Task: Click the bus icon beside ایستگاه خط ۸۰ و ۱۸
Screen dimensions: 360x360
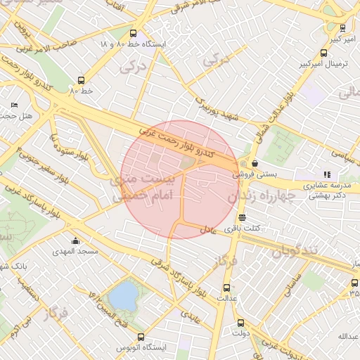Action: [134, 33]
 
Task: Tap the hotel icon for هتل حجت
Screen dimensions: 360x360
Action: [15, 105]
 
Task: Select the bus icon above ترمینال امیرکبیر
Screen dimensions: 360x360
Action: [323, 53]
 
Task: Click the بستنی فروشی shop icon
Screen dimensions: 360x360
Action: [254, 163]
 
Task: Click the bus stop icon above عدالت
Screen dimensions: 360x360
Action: [226, 288]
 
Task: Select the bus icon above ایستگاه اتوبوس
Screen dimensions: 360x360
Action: [141, 337]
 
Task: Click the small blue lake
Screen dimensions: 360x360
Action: [123, 296]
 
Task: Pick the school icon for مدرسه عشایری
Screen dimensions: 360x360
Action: [326, 174]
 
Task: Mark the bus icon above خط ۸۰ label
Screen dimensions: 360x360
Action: [82, 80]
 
